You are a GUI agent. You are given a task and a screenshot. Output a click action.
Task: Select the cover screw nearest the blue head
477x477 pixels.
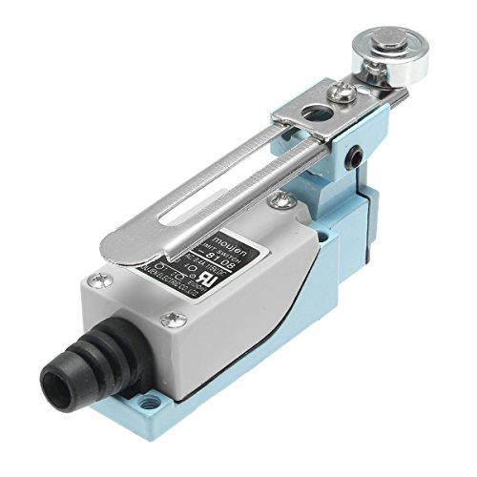(280, 200)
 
